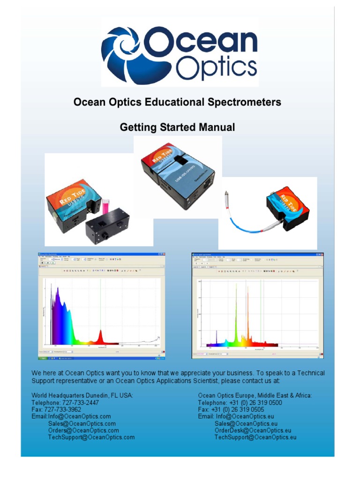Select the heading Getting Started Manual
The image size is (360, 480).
click(177, 127)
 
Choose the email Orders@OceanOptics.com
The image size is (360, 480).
click(83, 430)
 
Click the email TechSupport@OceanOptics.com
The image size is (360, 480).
click(91, 437)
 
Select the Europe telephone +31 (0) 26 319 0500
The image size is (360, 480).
click(256, 403)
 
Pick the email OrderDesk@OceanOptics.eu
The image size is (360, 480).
click(253, 430)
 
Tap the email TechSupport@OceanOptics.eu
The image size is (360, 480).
click(255, 437)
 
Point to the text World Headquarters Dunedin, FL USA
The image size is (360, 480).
click(82, 396)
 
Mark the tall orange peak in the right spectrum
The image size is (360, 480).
click(248, 309)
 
